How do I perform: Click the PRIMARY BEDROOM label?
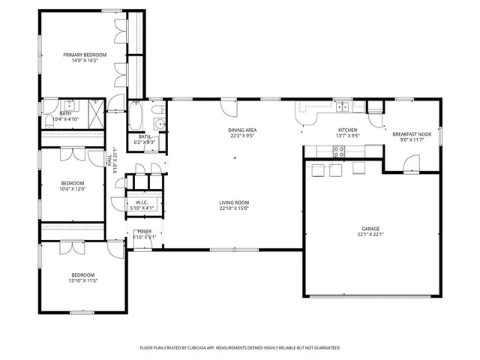point(84,55)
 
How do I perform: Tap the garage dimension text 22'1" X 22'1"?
point(371,235)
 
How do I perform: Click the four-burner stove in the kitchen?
point(339,150)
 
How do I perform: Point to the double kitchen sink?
point(342,106)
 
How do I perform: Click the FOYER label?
point(143,232)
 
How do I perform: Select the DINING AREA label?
point(242,130)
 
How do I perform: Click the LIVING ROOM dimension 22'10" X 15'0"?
point(234,208)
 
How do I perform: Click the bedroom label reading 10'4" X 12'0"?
point(72,188)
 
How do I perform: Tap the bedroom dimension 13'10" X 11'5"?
point(82,280)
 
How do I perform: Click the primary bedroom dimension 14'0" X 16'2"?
point(84,61)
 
